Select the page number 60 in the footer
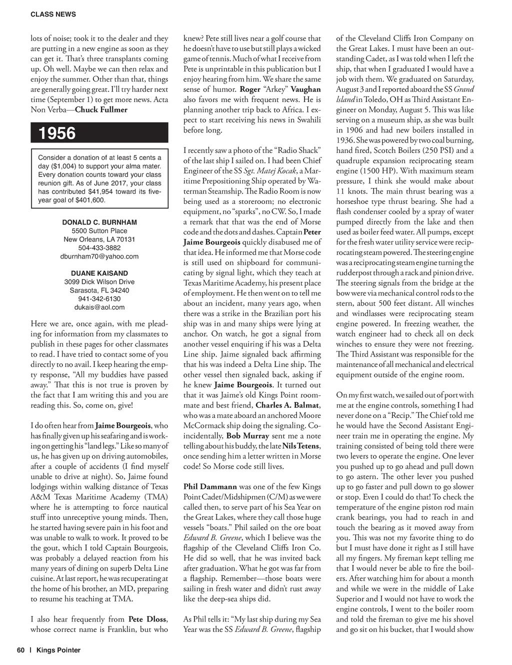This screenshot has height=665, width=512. click(20, 650)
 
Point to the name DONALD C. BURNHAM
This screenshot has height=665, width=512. click(99, 222)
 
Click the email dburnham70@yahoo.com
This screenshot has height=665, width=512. click(99, 256)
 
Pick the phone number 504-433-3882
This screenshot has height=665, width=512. click(99, 248)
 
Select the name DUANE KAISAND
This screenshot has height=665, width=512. click(99, 273)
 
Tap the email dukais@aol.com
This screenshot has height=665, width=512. click(99, 307)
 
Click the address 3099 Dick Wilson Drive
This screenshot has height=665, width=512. click(99, 282)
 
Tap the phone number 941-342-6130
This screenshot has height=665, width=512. click(99, 299)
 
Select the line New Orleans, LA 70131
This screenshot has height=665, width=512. click(99, 239)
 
